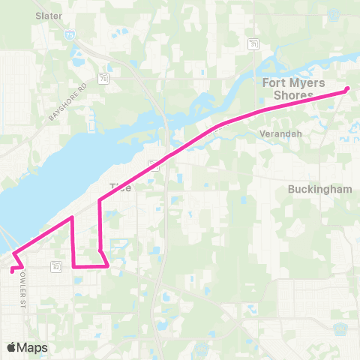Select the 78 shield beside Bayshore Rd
pos(102,76)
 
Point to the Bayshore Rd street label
pos(68,102)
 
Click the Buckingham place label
pos(319,190)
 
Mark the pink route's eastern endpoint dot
pos(346,90)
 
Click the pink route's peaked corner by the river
pos(71,217)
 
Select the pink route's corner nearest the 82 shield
pos(73,265)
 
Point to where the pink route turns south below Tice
pos(100,201)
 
